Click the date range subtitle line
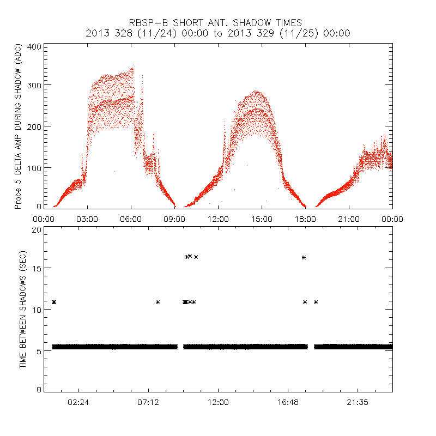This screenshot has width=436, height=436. click(218, 33)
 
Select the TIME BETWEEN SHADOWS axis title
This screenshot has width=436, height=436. click(23, 310)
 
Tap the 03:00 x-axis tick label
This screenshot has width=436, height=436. click(87, 219)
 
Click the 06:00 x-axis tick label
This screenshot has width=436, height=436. click(131, 219)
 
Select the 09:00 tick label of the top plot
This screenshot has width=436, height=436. click(174, 219)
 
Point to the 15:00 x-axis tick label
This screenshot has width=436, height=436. click(262, 219)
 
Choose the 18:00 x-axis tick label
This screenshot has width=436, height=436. click(305, 219)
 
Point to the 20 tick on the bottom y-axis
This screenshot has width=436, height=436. click(37, 229)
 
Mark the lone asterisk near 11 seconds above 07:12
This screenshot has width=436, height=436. click(158, 302)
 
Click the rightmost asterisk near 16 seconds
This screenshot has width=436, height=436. click(304, 257)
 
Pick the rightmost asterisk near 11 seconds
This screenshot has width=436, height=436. click(316, 302)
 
